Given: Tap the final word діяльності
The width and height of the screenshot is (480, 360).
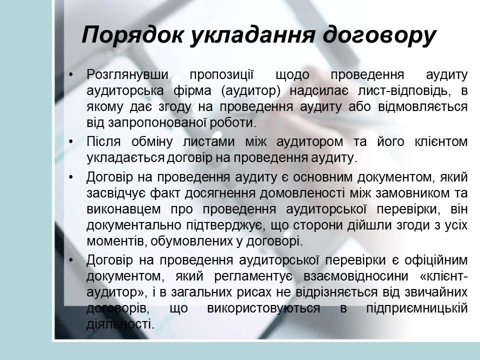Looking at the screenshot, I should pos(119,324).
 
